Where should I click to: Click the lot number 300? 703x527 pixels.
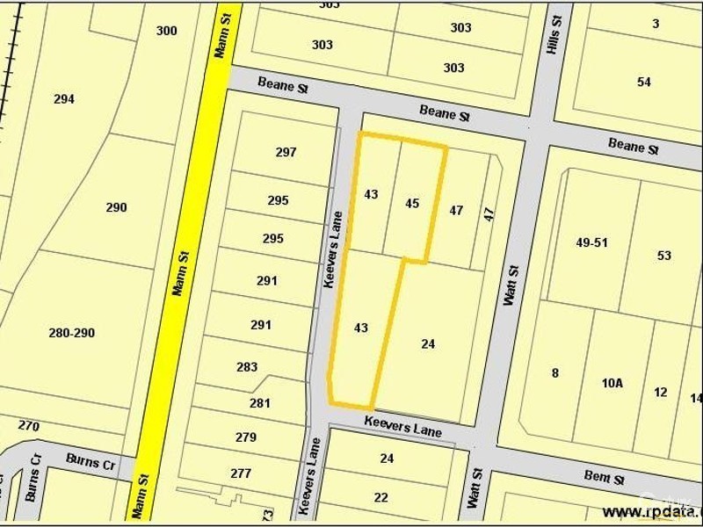[166, 31]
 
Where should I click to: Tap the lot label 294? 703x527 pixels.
[63, 99]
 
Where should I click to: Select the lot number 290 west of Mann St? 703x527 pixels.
[116, 207]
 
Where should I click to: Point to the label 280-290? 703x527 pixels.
[72, 333]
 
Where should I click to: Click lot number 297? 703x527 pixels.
[286, 152]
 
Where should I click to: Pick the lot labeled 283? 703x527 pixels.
[247, 367]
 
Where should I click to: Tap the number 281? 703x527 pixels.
[259, 403]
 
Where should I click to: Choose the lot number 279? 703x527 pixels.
[245, 437]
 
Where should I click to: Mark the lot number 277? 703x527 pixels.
[241, 473]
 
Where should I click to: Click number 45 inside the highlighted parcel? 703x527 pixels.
[412, 203]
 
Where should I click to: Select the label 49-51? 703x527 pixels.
[592, 242]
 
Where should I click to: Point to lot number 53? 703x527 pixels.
[663, 256]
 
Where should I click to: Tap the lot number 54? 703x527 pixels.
[644, 82]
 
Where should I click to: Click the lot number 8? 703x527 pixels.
[554, 372]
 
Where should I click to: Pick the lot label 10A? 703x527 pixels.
[612, 383]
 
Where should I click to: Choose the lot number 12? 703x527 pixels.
[661, 392]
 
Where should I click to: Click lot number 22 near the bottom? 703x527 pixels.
[380, 497]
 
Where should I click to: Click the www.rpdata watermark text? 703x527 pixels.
[651, 511]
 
